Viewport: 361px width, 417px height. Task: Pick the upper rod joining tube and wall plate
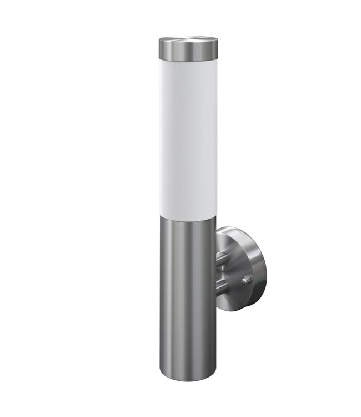[x=220, y=257]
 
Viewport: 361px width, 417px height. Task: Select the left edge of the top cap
[x=159, y=50]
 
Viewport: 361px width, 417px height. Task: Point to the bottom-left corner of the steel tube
[x=163, y=367]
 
